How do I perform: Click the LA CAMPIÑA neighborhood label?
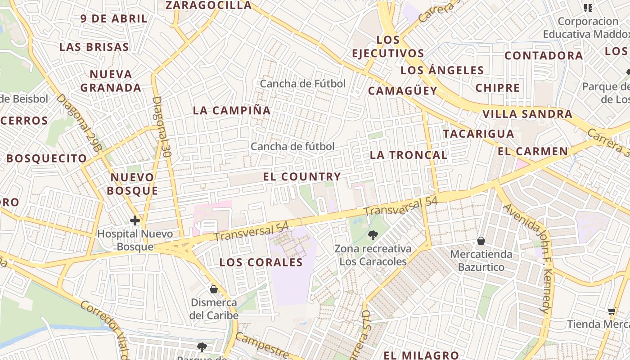(232, 110)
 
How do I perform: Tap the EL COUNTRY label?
(301, 177)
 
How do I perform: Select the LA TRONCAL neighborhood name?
(408, 155)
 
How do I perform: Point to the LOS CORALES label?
(261, 262)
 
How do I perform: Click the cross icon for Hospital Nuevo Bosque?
(135, 220)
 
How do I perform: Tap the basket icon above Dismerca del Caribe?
(214, 289)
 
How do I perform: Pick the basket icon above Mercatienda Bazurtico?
(481, 241)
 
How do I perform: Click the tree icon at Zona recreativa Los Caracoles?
(373, 234)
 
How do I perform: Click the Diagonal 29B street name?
(77, 121)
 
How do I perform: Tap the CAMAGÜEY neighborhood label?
(403, 91)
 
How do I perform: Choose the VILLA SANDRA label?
(527, 114)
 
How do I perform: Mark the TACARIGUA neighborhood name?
(478, 134)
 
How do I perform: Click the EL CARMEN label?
(533, 151)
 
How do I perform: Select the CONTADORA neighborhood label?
(544, 56)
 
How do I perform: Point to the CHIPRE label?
(497, 88)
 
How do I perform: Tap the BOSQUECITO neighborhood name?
(46, 158)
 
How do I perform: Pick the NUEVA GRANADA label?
(111, 81)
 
